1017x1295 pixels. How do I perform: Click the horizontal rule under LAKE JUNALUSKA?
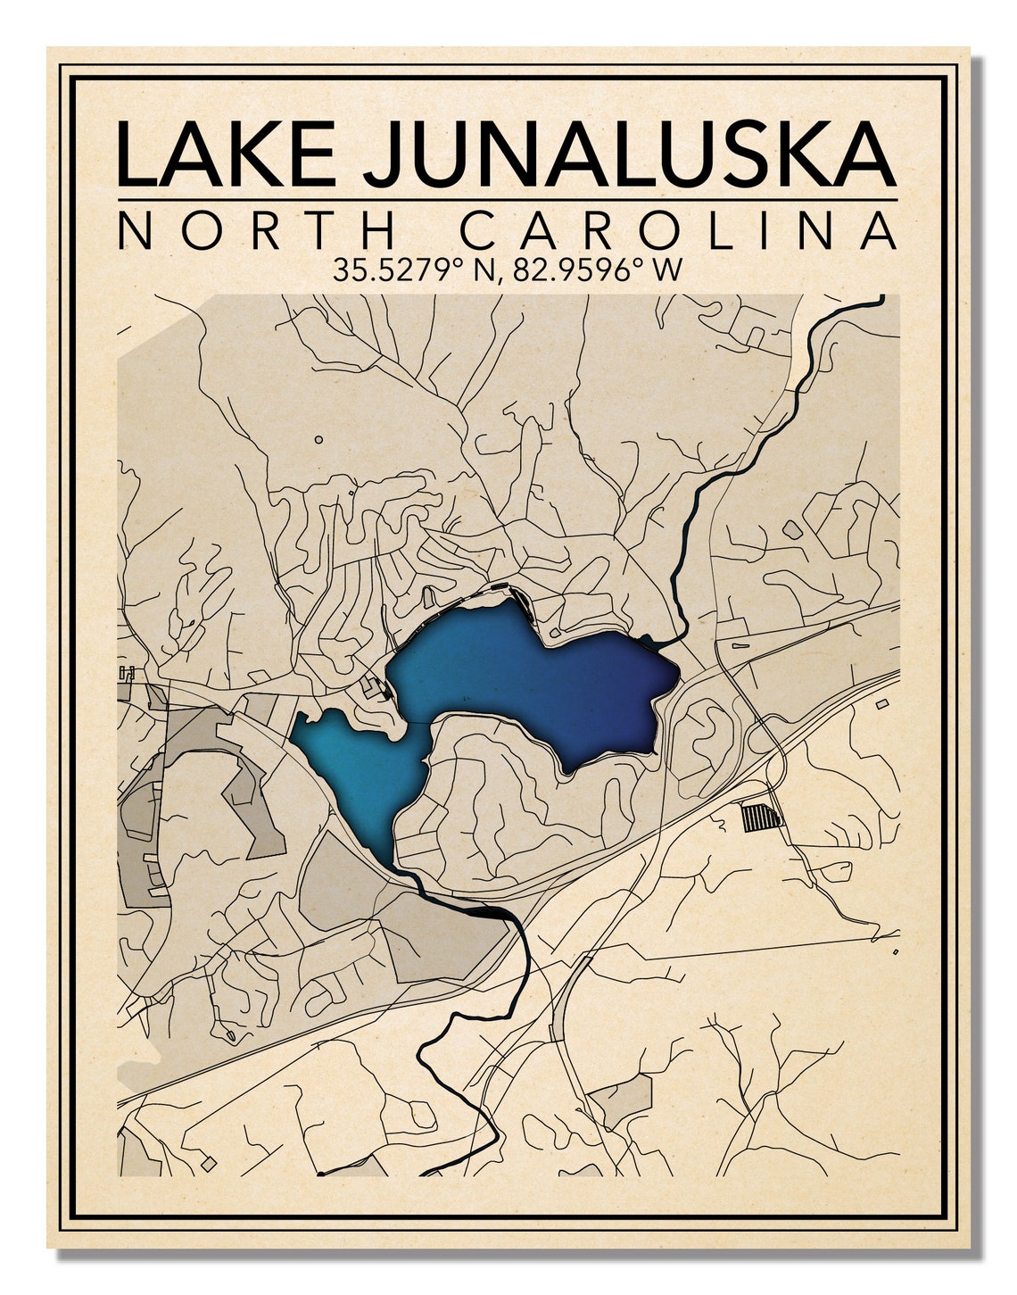[508, 199]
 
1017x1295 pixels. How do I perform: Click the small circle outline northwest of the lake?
[318, 439]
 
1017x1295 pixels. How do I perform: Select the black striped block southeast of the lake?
[761, 817]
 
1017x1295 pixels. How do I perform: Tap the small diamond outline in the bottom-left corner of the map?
[208, 1164]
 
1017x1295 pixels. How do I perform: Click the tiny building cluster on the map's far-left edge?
[126, 674]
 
